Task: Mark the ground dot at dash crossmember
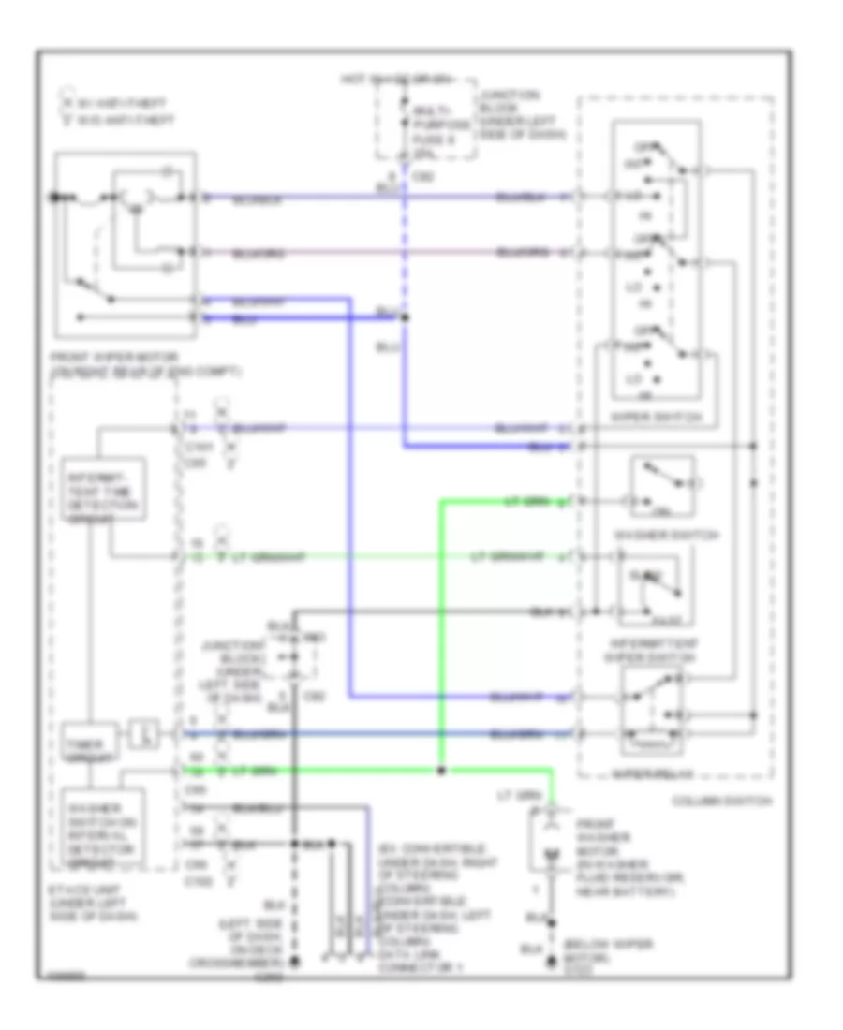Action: tap(294, 962)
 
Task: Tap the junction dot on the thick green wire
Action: tap(441, 772)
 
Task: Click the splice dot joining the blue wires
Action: tap(405, 317)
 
